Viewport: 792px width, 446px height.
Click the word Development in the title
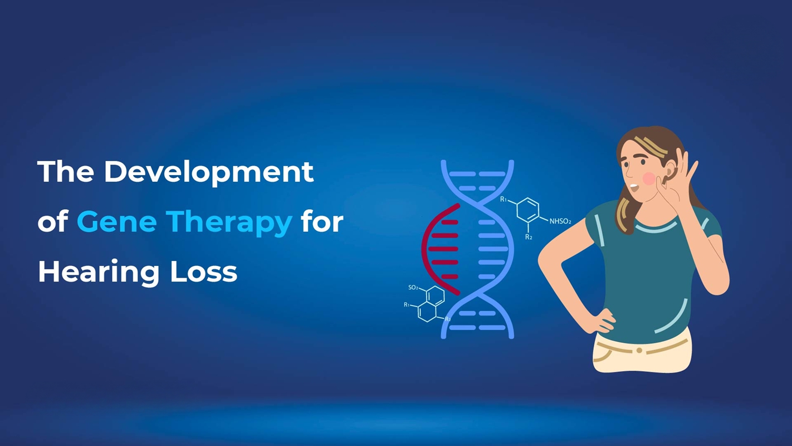click(x=209, y=173)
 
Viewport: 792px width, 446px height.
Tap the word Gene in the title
click(x=116, y=222)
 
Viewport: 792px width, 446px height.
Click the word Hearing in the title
click(x=99, y=273)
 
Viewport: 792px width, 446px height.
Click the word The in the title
click(x=66, y=172)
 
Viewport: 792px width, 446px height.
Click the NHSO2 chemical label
click(x=560, y=221)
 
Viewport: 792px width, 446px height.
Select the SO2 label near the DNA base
click(x=413, y=288)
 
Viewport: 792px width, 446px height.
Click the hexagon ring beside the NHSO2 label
click(x=528, y=210)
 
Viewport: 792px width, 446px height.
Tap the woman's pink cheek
click(x=649, y=178)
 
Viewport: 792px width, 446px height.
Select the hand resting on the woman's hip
click(x=602, y=321)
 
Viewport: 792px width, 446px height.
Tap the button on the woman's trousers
click(x=639, y=351)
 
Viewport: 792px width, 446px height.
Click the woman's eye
click(x=642, y=162)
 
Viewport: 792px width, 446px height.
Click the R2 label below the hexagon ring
click(x=529, y=237)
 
